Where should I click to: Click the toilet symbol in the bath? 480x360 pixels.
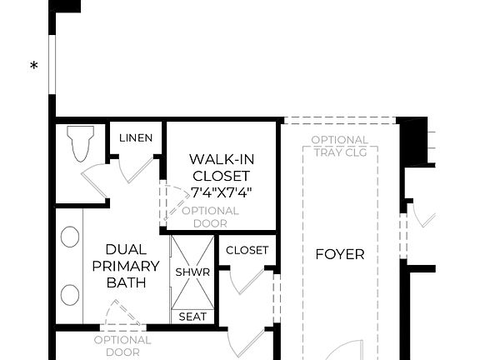click(x=82, y=143)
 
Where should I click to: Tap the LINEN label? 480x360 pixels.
click(x=136, y=137)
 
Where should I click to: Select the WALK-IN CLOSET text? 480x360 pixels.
click(x=221, y=167)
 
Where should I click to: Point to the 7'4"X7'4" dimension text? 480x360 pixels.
click(x=221, y=192)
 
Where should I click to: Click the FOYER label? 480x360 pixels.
click(x=339, y=254)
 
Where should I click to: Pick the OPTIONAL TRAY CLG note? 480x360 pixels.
click(x=340, y=145)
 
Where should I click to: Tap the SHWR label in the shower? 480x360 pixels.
click(x=192, y=272)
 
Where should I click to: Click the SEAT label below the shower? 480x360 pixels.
click(x=192, y=317)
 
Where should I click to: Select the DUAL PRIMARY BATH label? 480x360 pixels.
click(x=126, y=266)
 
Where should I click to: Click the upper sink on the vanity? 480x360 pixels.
click(x=70, y=237)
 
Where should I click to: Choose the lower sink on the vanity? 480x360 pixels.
click(x=70, y=295)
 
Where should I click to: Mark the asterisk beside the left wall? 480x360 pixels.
click(x=34, y=67)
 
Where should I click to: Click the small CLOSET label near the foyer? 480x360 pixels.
click(x=247, y=250)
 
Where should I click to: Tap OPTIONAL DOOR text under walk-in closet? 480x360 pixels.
click(x=209, y=217)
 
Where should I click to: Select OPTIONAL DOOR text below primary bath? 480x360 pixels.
click(x=122, y=346)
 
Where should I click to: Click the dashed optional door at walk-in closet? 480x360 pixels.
click(x=173, y=201)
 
